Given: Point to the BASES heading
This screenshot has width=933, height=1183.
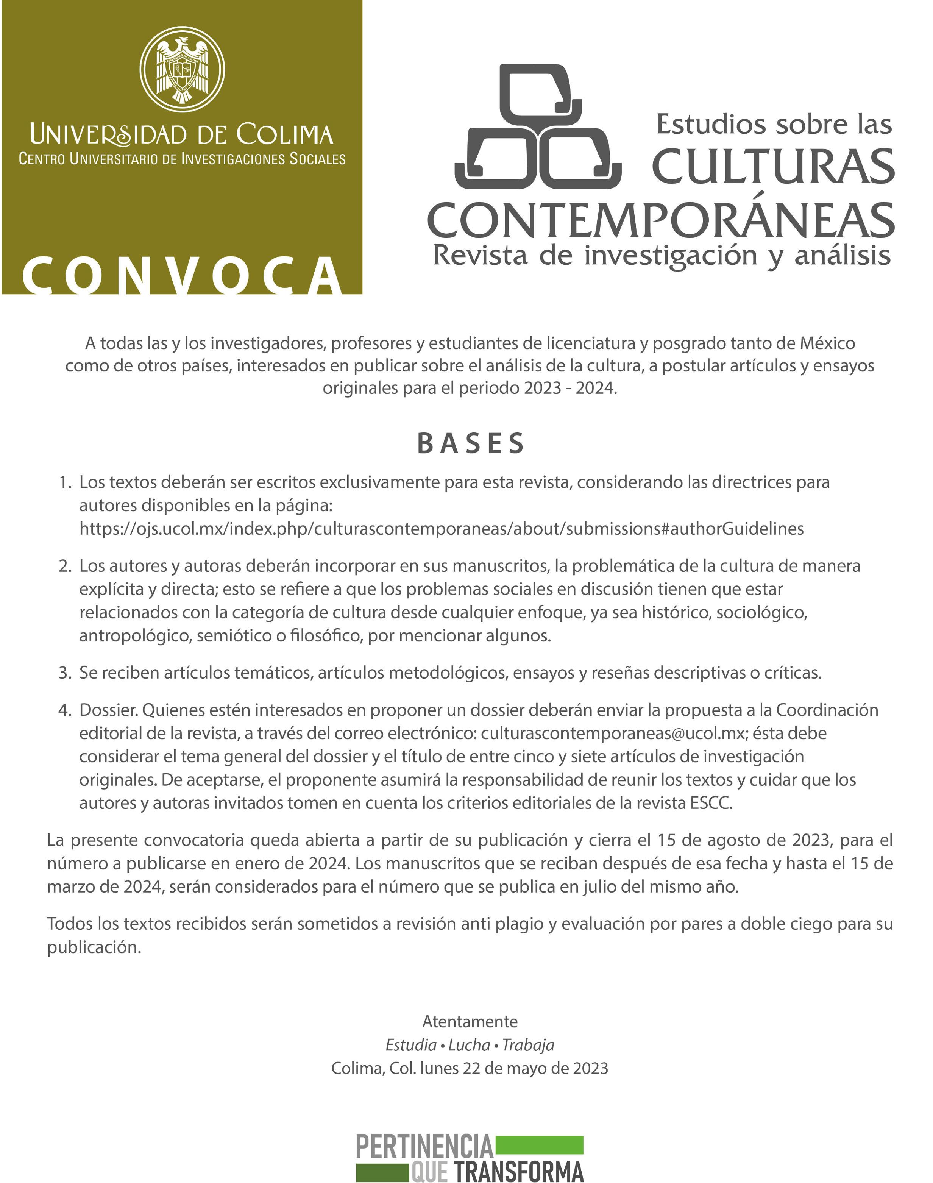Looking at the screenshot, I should click(471, 443).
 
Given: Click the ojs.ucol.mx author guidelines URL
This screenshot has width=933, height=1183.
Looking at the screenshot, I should click(442, 529).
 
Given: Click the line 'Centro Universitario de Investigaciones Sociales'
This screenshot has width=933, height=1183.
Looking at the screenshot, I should click(182, 159).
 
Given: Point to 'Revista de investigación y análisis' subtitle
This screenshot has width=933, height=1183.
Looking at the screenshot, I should click(662, 256).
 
